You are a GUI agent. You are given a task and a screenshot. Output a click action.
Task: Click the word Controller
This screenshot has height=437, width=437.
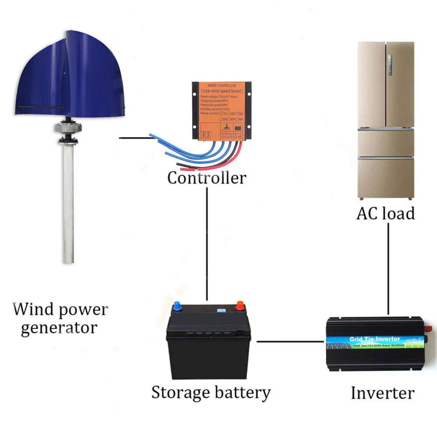click(x=207, y=178)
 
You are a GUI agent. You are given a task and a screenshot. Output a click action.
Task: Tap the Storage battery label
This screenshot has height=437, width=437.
click(x=211, y=392)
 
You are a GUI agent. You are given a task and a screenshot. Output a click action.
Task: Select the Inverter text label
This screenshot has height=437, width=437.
click(x=382, y=392)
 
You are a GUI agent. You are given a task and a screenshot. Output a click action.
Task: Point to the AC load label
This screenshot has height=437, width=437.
click(x=385, y=213)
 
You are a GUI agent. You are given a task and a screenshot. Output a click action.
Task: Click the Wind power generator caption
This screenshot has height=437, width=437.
click(x=60, y=318)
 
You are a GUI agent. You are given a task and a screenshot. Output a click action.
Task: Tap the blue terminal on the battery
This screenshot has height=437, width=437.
click(x=177, y=305)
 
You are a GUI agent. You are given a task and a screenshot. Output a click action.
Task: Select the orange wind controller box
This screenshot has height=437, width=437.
click(x=221, y=110)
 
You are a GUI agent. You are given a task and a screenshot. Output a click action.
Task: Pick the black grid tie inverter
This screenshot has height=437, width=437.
click(x=375, y=345)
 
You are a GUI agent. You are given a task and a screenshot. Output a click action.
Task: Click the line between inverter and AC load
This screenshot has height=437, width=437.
click(x=388, y=271)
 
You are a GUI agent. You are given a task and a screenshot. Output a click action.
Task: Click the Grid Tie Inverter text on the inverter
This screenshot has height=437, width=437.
click(x=375, y=339)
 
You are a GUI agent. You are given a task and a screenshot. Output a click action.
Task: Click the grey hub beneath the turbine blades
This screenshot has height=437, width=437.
click(x=69, y=129)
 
